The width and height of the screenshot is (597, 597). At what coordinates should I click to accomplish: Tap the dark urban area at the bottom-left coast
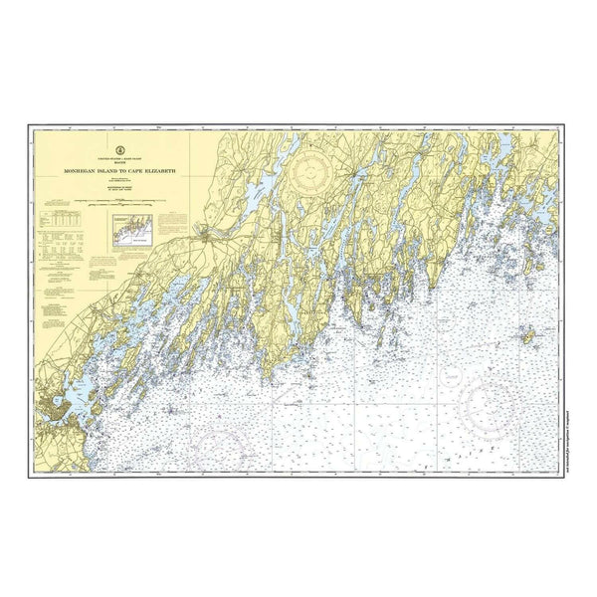(x=54, y=409)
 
